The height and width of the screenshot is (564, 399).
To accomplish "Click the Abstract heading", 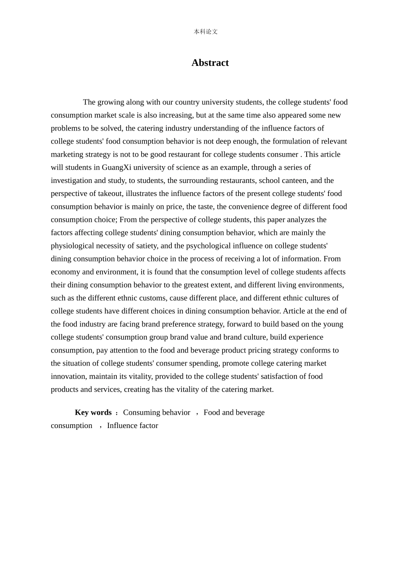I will [x=210, y=63].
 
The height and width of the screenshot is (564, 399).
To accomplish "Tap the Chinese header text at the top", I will [x=205, y=31].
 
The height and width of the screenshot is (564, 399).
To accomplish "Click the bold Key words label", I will [x=93, y=413].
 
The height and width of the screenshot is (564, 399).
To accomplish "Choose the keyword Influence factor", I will [x=133, y=426].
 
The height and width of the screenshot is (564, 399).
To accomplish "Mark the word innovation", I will [x=69, y=376].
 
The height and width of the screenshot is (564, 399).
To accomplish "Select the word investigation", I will [x=71, y=180].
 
